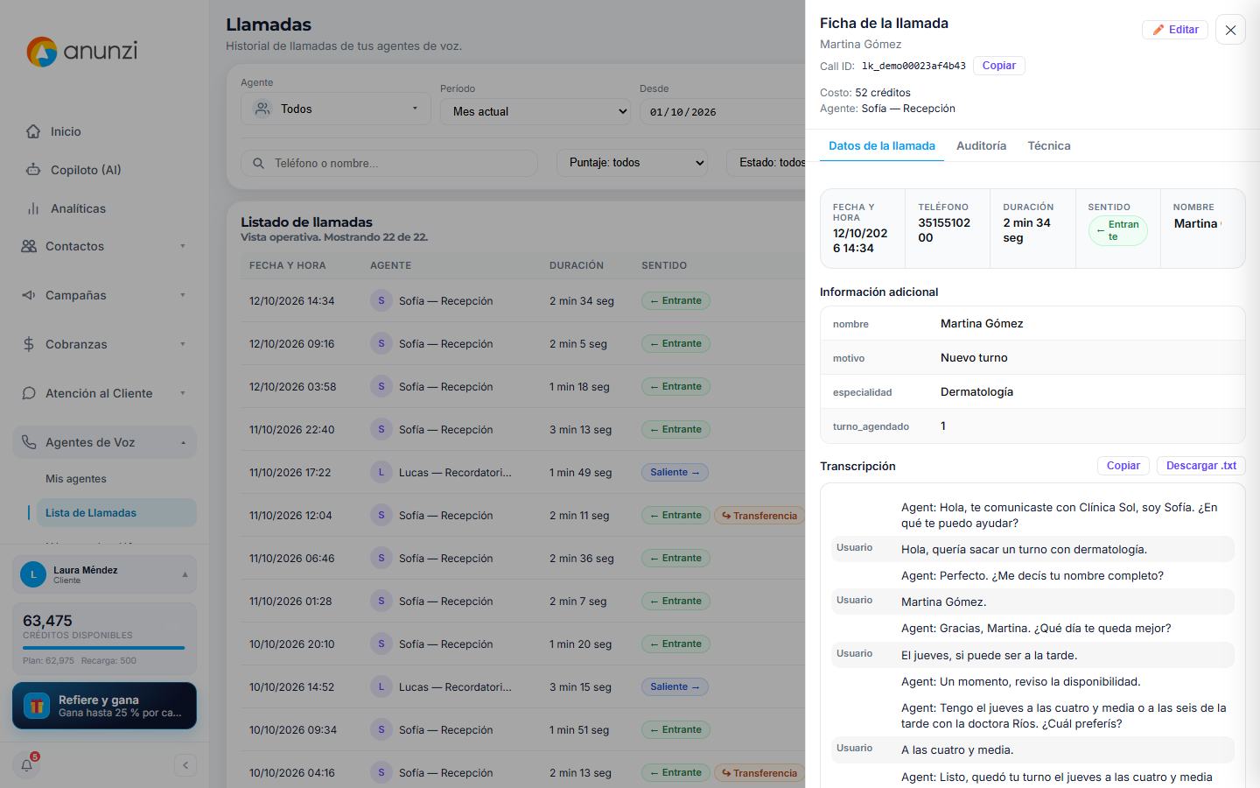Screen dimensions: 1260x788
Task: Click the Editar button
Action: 1175,30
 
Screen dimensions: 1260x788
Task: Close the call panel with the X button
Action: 1230,30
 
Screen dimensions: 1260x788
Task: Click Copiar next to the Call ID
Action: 999,66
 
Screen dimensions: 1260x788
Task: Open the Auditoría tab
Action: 981,145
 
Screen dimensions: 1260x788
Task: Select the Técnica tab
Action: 1049,145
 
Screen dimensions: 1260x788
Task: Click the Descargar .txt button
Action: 1200,466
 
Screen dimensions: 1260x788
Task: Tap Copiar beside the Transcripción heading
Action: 1123,466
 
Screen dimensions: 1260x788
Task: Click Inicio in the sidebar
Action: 66,131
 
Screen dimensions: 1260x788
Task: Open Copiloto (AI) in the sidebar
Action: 86,170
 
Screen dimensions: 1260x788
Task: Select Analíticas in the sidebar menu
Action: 78,208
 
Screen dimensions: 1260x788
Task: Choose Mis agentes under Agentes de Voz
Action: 76,478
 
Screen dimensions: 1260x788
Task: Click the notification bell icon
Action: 26,765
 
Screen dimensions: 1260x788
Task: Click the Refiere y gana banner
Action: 105,706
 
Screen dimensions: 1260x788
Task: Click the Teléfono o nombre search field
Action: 389,163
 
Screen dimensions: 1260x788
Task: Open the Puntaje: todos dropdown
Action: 633,163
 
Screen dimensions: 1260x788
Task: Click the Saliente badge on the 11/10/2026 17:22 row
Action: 675,472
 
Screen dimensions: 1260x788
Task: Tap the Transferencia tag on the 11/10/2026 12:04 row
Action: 759,516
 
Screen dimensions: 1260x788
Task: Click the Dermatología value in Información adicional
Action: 976,391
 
